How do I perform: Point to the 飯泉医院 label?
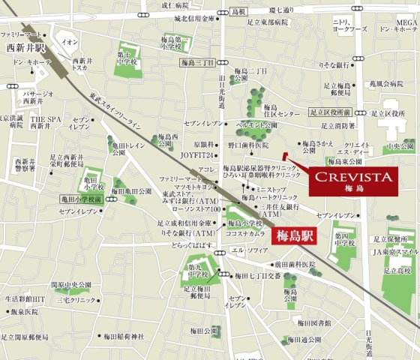tap(23, 311)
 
